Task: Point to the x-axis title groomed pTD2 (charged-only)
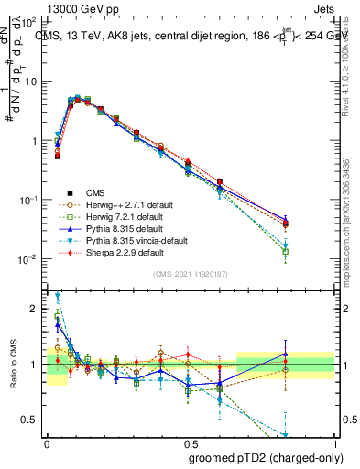coord(267,458)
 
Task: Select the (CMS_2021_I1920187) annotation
coord(191,274)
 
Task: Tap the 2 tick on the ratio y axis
coord(35,310)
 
